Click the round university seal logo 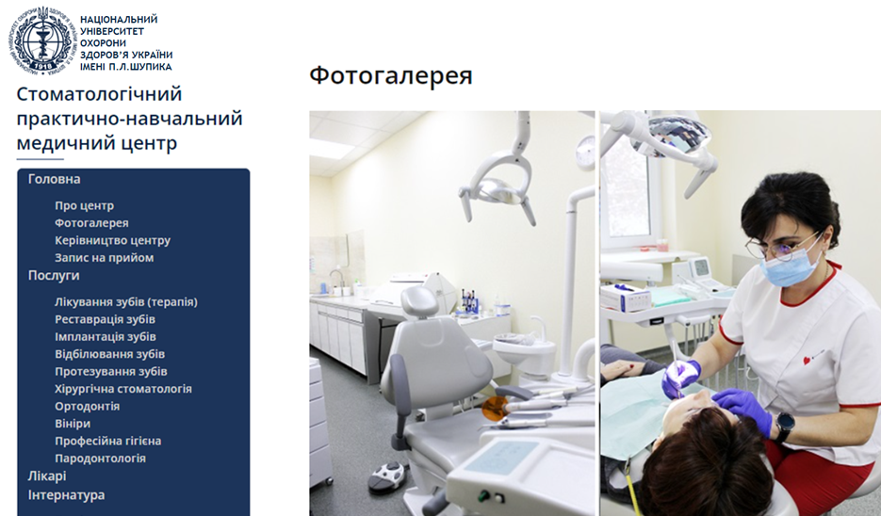(x=41, y=41)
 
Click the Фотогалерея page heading (x=390, y=75)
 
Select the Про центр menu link (x=84, y=205)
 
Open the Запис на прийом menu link (x=104, y=258)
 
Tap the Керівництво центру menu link (x=112, y=240)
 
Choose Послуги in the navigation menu (x=54, y=276)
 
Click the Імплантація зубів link (x=106, y=337)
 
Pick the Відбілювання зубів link (x=109, y=354)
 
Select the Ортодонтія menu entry (x=87, y=407)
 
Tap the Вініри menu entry (x=73, y=424)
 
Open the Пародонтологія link (x=100, y=459)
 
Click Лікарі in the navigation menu (x=47, y=476)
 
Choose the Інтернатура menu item (x=66, y=495)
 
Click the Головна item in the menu (x=54, y=179)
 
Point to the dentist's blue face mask (x=791, y=267)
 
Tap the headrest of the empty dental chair (x=419, y=300)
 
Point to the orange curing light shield (x=495, y=409)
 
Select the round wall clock (x=586, y=152)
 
